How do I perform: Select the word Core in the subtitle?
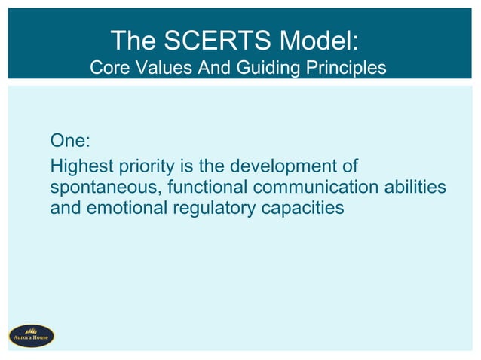coord(109,68)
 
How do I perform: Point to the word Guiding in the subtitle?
coord(259,68)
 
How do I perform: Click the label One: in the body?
coord(70,141)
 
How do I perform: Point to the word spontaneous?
coord(99,187)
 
